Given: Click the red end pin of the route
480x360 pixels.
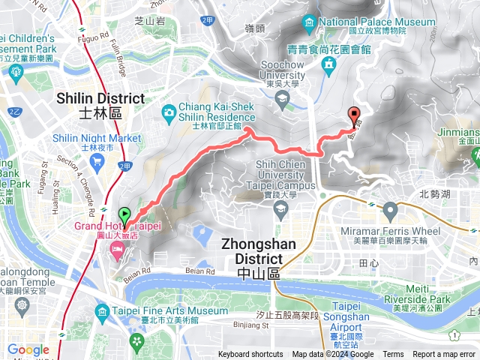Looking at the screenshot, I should click(353, 116).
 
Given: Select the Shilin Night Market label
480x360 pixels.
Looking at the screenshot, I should click(97, 138).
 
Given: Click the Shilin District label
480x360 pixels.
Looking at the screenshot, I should click(100, 99).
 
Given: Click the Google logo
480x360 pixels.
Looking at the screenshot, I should click(28, 349).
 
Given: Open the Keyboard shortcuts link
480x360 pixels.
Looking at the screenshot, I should click(250, 355).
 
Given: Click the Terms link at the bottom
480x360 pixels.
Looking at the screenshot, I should click(393, 355).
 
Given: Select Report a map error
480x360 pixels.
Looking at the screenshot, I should click(444, 355).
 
